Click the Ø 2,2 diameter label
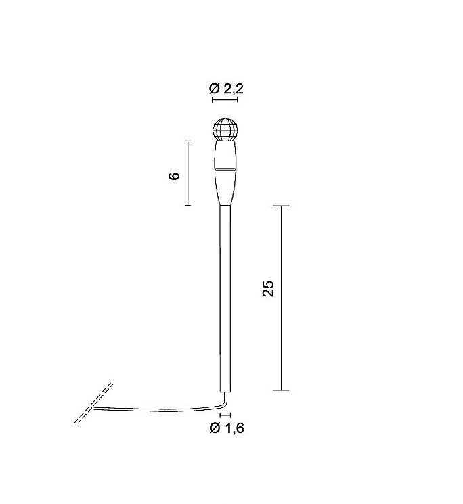[x=226, y=89]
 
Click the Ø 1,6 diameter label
[x=227, y=428]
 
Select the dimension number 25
[x=268, y=288]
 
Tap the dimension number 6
[x=174, y=176]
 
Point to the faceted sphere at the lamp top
[x=225, y=129]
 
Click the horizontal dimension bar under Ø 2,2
[x=225, y=99]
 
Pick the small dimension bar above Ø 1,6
[x=225, y=415]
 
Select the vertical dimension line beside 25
[x=282, y=298]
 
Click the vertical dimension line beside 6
[x=188, y=173]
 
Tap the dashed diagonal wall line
[x=94, y=403]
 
